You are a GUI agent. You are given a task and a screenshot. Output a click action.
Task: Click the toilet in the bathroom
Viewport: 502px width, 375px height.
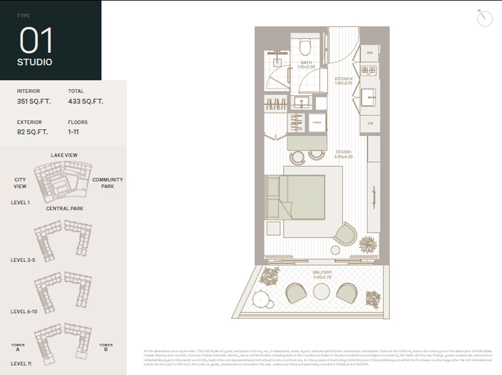click(x=305, y=48)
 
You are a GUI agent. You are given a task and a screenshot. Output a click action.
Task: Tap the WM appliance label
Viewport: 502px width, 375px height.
click(x=370, y=53)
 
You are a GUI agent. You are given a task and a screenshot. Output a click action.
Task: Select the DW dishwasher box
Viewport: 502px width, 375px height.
click(x=370, y=123)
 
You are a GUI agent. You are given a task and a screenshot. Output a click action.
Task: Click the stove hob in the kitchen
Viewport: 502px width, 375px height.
click(x=369, y=70)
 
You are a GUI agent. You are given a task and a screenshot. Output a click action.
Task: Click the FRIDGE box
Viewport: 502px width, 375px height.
click(x=317, y=122)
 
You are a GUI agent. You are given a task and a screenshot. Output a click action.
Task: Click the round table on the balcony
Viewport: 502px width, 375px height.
click(x=321, y=291)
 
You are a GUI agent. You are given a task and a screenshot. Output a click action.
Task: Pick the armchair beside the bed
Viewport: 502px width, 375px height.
click(x=345, y=234)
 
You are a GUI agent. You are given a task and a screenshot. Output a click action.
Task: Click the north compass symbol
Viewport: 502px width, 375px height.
click(x=484, y=18)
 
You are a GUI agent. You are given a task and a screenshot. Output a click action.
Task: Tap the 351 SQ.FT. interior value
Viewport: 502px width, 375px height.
click(x=34, y=101)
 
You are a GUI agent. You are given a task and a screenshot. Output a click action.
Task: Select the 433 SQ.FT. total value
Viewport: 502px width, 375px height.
click(x=85, y=101)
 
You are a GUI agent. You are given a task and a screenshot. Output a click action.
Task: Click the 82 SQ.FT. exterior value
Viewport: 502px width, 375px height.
click(x=32, y=132)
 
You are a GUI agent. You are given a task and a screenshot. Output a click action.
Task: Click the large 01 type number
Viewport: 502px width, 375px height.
click(x=36, y=41)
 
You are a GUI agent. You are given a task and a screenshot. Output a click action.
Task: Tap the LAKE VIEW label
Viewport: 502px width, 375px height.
click(x=64, y=155)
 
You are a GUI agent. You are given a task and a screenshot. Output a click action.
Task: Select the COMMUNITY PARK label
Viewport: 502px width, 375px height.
click(x=107, y=183)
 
